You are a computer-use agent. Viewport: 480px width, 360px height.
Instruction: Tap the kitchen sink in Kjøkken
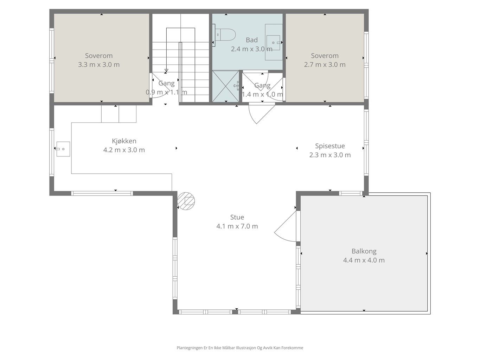(63, 149)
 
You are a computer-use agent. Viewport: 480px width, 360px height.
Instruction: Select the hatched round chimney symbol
(186, 201)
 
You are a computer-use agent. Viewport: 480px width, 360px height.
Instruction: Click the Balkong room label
(364, 251)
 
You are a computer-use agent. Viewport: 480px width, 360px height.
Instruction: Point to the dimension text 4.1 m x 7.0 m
(237, 226)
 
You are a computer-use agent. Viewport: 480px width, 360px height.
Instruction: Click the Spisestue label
(330, 146)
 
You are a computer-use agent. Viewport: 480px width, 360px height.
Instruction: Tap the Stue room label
(237, 217)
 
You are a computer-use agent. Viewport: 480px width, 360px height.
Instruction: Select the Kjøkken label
(124, 141)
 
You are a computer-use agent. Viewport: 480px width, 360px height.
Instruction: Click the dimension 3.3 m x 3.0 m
(99, 65)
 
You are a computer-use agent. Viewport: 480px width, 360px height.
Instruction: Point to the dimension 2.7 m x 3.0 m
(325, 65)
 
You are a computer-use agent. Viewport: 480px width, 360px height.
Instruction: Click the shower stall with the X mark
(225, 86)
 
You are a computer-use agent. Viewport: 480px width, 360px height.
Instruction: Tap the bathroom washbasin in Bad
(273, 43)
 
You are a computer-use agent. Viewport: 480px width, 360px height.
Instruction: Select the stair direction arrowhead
(166, 70)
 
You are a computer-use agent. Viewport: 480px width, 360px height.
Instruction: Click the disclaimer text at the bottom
(240, 348)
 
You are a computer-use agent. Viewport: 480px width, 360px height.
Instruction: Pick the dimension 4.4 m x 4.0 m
(364, 260)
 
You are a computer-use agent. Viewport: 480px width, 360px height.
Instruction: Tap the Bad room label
(252, 40)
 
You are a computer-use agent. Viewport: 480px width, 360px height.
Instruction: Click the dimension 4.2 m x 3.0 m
(124, 150)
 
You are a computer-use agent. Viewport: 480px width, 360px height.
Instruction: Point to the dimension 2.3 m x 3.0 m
(330, 155)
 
